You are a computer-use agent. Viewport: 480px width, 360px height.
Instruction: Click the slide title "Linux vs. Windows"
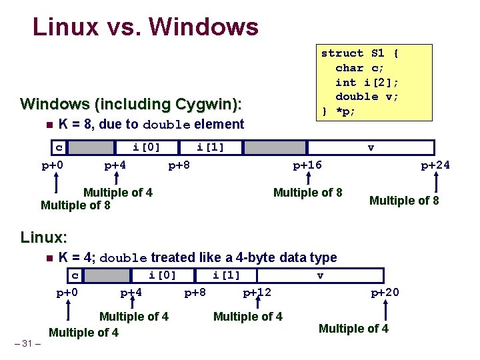pos(145,27)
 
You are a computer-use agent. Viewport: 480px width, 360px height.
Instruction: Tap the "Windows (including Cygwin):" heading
pos(131,104)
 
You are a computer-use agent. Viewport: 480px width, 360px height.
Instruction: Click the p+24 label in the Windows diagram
pos(435,165)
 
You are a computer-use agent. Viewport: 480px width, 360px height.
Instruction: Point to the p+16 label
pos(308,165)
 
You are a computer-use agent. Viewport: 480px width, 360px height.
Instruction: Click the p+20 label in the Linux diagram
pos(385,293)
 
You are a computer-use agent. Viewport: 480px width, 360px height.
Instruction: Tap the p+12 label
pos(257,293)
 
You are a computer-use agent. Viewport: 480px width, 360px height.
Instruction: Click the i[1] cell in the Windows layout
pos(210,147)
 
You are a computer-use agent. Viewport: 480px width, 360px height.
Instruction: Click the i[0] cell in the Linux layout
pos(162,275)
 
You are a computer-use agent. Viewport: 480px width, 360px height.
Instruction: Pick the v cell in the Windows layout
pos(371,147)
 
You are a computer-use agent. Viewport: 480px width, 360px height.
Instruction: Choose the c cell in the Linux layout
pos(75,275)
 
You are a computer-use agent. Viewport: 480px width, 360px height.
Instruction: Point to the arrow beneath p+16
pos(308,180)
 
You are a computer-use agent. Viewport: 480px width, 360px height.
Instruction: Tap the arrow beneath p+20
pos(385,309)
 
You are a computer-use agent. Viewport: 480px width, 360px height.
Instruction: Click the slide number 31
pos(27,343)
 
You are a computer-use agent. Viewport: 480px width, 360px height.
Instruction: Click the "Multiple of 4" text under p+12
pos(247,316)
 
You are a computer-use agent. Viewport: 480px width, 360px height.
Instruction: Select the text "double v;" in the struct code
pos(367,97)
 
